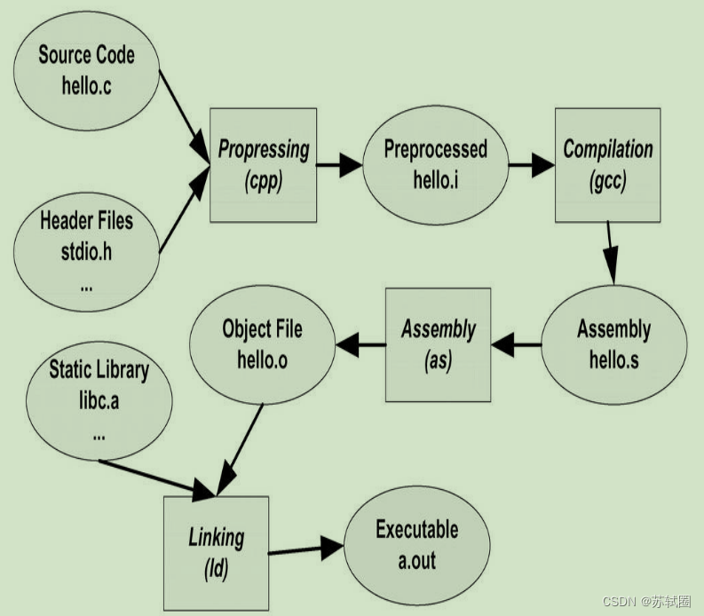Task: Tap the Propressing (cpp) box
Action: tap(263, 164)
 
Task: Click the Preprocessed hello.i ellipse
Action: tap(435, 164)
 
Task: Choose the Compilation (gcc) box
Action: tap(607, 164)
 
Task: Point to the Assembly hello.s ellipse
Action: tap(613, 344)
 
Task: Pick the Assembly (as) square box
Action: tap(438, 344)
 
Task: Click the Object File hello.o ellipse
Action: tap(262, 344)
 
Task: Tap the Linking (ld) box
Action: tap(216, 553)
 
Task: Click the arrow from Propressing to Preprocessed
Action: tap(339, 164)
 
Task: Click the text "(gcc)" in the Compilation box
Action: tap(607, 181)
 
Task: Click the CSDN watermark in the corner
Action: tap(646, 602)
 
